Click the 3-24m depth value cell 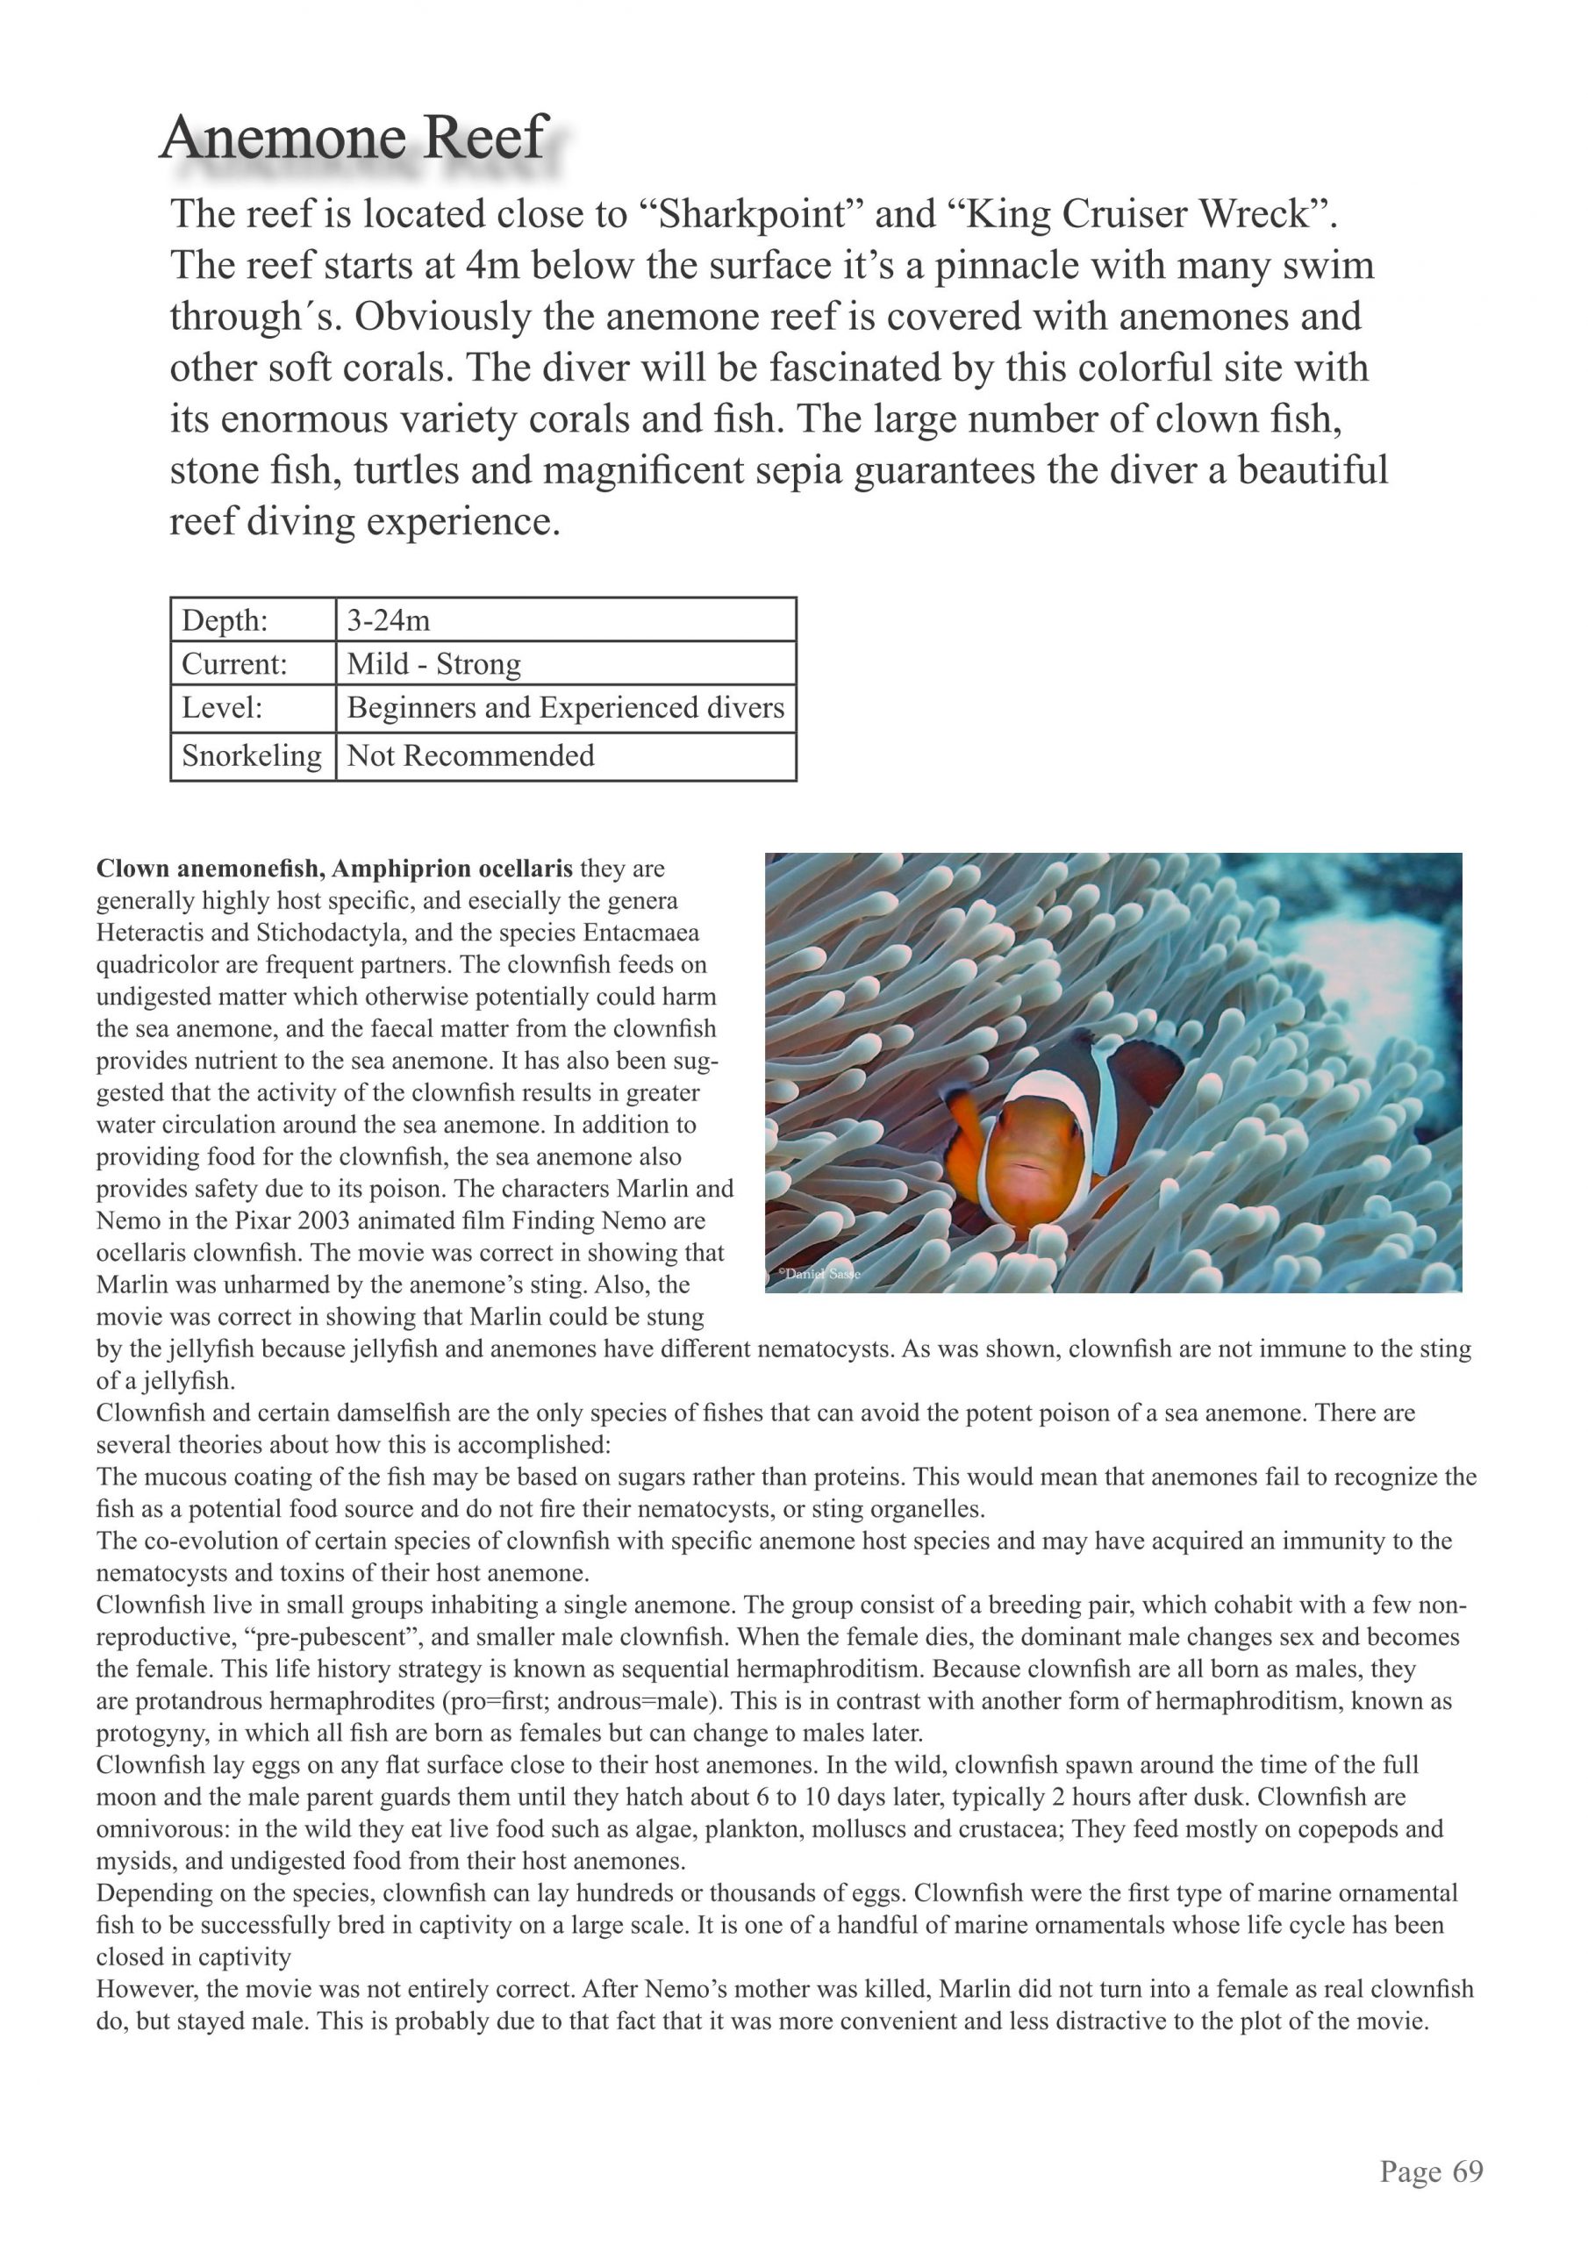389,620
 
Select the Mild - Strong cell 433,664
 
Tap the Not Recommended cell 470,755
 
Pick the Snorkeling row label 252,755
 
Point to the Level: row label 222,707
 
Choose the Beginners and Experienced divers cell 566,707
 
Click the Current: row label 234,664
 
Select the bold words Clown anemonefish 210,869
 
